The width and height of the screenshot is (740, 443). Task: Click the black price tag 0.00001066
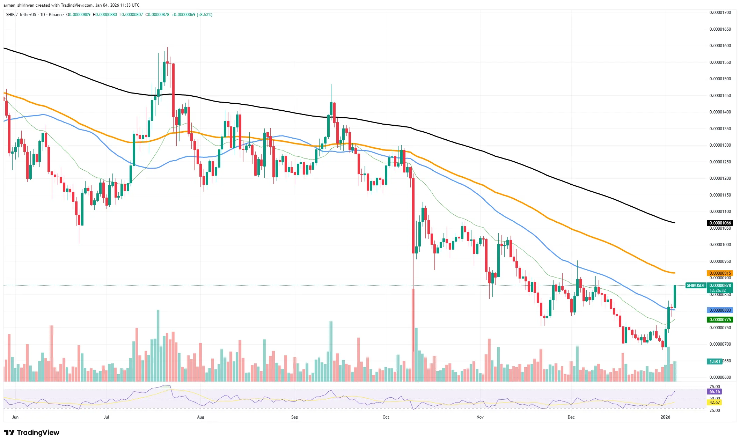pos(720,223)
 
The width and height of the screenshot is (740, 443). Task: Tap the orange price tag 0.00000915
pos(720,273)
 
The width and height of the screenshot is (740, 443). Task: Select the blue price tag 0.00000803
pos(720,310)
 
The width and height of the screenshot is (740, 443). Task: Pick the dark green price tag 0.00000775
pos(720,320)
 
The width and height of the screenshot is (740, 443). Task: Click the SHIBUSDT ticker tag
pos(696,286)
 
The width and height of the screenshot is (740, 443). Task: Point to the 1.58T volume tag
pos(715,361)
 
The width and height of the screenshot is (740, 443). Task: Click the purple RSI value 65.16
pos(715,392)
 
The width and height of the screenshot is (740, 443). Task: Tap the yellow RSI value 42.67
pos(715,403)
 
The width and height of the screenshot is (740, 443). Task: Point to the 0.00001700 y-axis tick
pos(720,13)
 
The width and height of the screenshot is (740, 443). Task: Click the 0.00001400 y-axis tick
pos(720,112)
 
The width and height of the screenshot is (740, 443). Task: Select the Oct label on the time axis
pos(386,417)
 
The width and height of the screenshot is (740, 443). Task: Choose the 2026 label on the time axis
pos(665,417)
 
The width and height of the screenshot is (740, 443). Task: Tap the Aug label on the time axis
pos(200,417)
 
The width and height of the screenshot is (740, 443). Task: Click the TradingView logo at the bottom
pos(32,433)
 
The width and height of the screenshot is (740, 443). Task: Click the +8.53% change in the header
pos(205,15)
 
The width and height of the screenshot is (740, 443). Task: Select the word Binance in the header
pos(56,15)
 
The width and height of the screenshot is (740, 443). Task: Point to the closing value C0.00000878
pos(157,15)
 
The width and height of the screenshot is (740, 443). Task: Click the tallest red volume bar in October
pos(413,335)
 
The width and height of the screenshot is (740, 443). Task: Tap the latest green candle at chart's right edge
pos(675,297)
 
